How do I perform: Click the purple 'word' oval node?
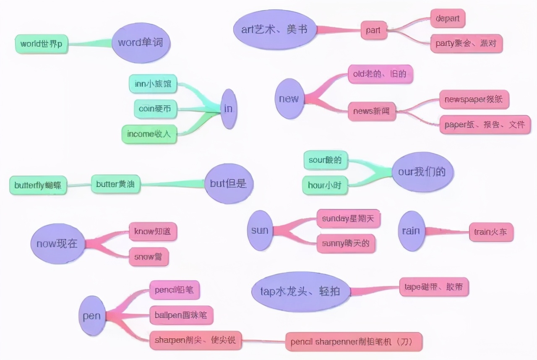click(x=141, y=43)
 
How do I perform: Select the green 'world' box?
click(x=41, y=44)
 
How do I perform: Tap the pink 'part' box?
click(x=373, y=30)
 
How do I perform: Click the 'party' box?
click(x=466, y=43)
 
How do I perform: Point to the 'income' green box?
click(x=149, y=134)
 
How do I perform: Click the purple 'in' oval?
click(x=228, y=109)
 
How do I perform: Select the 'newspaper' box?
click(x=474, y=100)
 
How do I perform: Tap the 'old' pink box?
click(x=380, y=74)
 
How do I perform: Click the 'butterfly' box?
click(x=38, y=185)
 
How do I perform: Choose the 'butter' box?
click(x=115, y=184)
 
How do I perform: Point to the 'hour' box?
click(x=325, y=185)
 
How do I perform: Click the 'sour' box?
click(x=325, y=160)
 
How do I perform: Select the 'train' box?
click(x=491, y=232)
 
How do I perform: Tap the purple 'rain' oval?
click(x=411, y=231)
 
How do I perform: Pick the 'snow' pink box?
click(x=149, y=256)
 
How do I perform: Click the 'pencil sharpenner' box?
click(x=354, y=342)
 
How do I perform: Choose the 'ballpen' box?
click(x=181, y=316)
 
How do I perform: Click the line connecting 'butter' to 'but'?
click(x=172, y=184)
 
